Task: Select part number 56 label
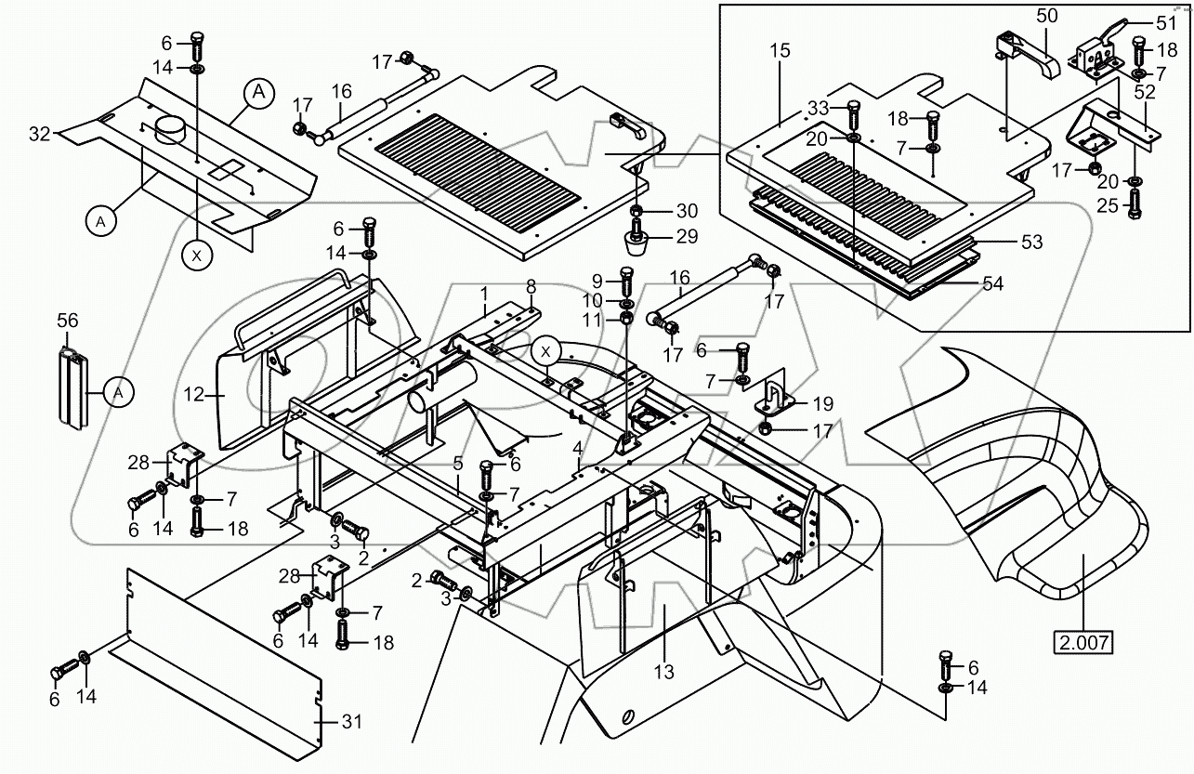point(66,321)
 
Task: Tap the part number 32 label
point(40,134)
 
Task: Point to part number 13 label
point(663,671)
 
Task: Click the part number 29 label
point(687,237)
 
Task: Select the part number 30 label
point(687,211)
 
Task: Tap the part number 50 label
point(1047,16)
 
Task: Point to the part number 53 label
point(1030,243)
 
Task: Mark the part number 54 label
point(992,283)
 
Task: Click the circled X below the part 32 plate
point(196,256)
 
